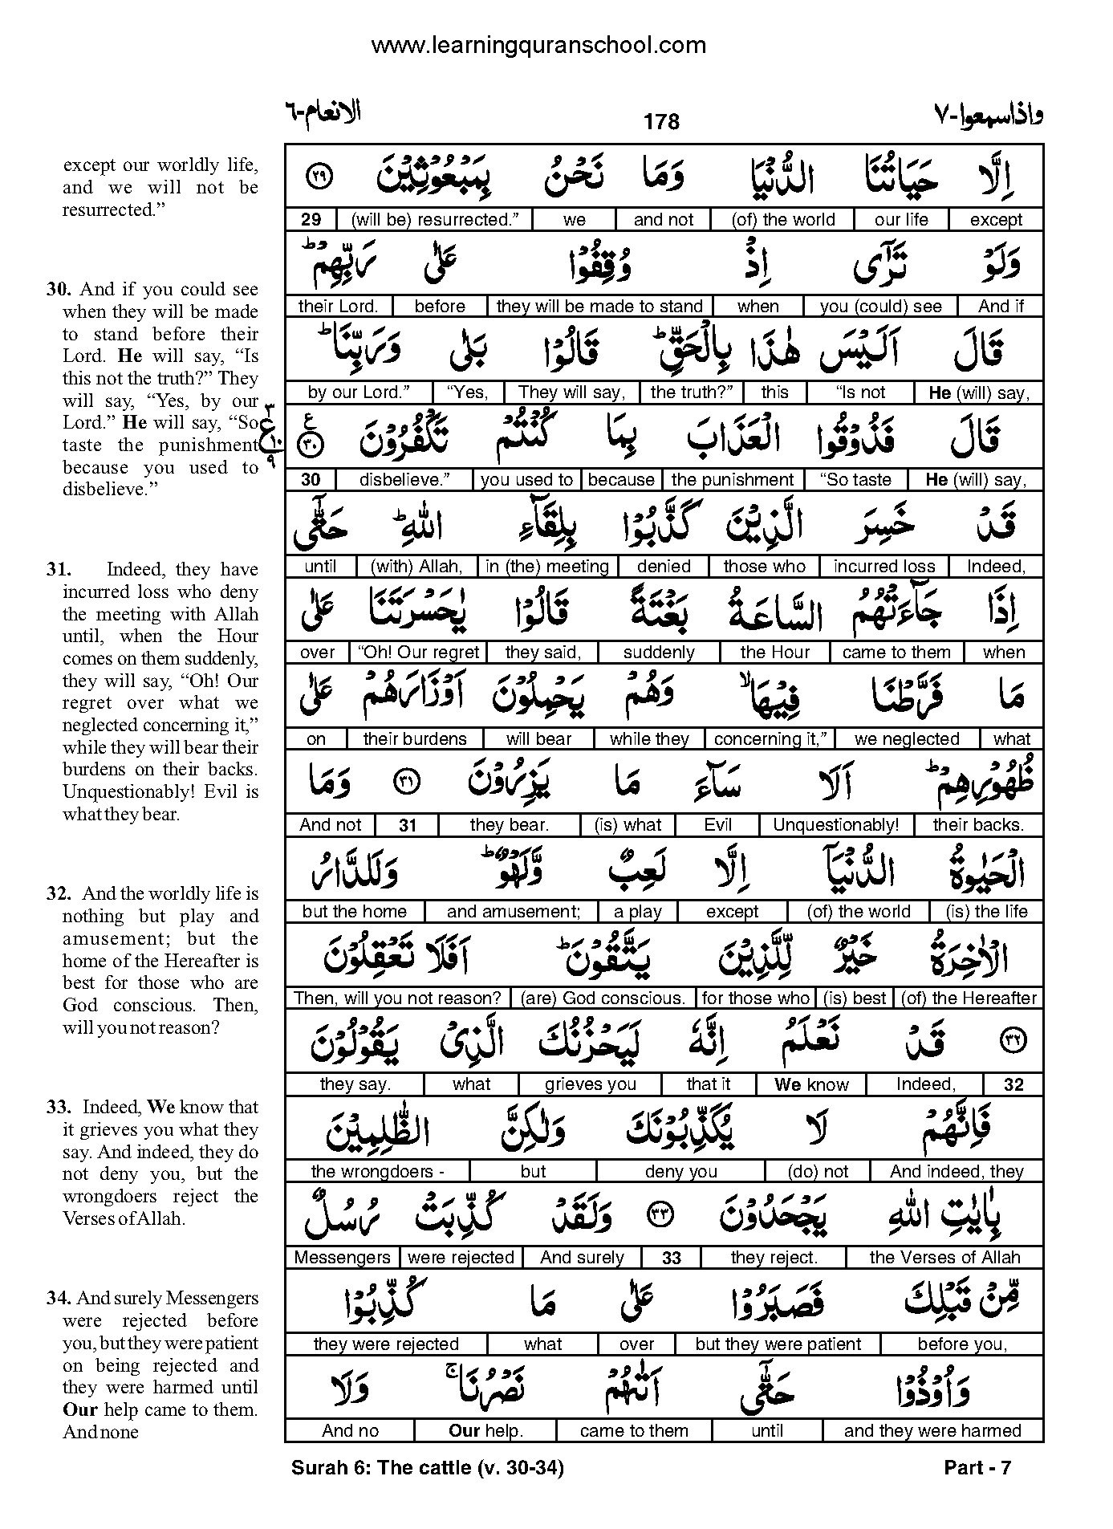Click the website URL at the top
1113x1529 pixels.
click(x=538, y=46)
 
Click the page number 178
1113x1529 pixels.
click(x=661, y=122)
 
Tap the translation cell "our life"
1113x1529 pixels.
click(x=901, y=220)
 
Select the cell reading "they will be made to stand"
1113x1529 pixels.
click(x=599, y=307)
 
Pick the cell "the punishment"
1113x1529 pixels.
click(x=732, y=480)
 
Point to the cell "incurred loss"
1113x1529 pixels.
click(x=883, y=567)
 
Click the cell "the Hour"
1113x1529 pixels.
click(x=774, y=653)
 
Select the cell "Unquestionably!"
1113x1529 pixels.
click(x=835, y=825)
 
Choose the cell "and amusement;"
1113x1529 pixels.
click(x=513, y=912)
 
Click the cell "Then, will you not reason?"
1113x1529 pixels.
click(x=398, y=998)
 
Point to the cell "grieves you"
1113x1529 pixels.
click(x=590, y=1085)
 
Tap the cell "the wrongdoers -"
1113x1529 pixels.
click(x=377, y=1172)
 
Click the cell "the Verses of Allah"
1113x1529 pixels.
click(x=944, y=1258)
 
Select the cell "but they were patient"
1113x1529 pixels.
click(x=778, y=1344)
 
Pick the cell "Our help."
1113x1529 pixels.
click(x=485, y=1431)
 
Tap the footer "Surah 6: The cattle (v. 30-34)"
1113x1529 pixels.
click(x=427, y=1469)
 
